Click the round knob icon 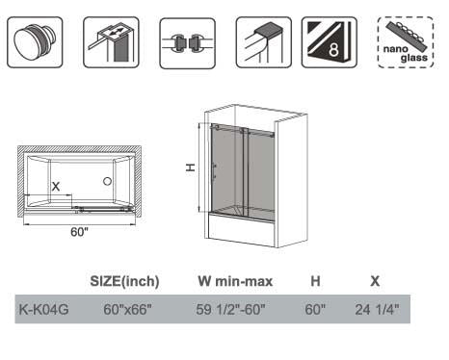point(35,42)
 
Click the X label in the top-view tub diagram point(56,185)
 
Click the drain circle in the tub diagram point(108,181)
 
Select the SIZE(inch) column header point(124,282)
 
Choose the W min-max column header point(235,282)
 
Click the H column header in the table point(315,282)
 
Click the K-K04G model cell point(43,310)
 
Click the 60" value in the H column point(315,310)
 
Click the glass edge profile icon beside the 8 point(260,43)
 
